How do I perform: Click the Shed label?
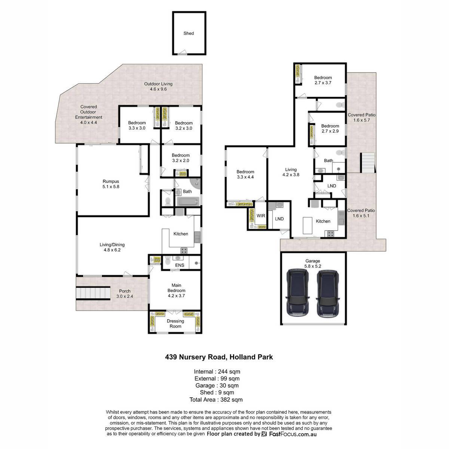tap(189, 33)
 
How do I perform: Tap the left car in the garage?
tap(297, 293)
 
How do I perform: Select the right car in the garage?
tap(328, 294)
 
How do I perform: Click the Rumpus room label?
tap(111, 181)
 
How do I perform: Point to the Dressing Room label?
tap(175, 324)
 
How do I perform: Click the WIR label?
tap(261, 216)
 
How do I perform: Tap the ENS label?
tap(180, 265)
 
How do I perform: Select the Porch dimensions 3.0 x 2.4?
tap(125, 296)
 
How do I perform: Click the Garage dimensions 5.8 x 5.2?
tap(313, 266)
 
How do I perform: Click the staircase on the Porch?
tap(93, 293)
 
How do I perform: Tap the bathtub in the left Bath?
tap(188, 201)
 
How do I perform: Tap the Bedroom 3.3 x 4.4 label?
tap(245, 174)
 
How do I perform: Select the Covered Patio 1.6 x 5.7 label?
tap(361, 117)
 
